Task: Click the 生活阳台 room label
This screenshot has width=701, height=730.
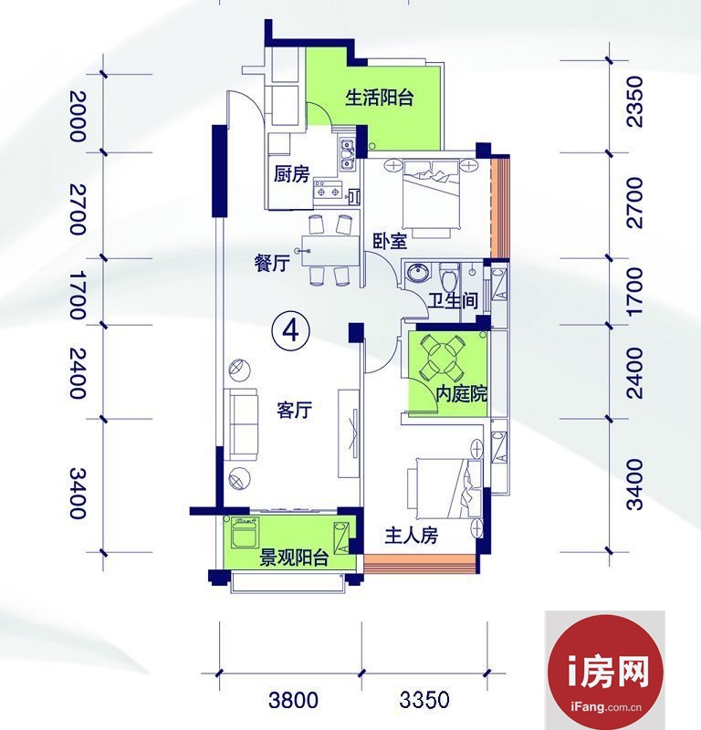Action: [x=379, y=98]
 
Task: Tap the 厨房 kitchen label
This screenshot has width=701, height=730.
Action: [x=291, y=174]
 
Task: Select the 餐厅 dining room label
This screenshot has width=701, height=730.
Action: [x=273, y=264]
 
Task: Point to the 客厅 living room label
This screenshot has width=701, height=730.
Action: [x=295, y=410]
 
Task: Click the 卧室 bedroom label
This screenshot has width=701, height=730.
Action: [x=391, y=241]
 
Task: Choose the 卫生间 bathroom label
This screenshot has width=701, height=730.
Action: [x=454, y=301]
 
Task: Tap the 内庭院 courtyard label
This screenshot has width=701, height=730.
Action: [x=461, y=394]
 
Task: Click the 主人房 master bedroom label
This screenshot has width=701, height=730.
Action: [x=412, y=536]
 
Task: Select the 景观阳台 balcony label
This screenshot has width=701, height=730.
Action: [x=294, y=558]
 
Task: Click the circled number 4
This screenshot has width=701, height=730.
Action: [x=291, y=331]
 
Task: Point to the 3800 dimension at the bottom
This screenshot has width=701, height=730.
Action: [x=294, y=700]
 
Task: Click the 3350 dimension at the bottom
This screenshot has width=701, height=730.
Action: [x=424, y=700]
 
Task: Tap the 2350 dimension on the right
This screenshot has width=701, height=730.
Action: [x=635, y=102]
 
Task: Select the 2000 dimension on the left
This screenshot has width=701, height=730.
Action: [x=78, y=116]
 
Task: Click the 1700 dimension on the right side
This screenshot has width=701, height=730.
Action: [x=635, y=292]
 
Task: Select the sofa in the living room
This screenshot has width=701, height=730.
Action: [x=241, y=423]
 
